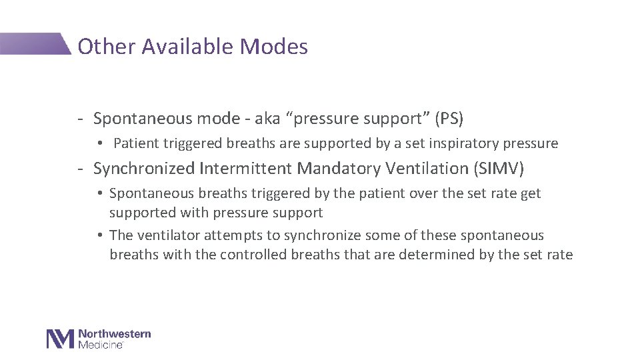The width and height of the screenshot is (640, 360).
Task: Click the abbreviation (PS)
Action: pos(449,119)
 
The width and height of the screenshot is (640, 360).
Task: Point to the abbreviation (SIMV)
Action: pos(499,169)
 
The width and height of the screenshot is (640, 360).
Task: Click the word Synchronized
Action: pos(144,169)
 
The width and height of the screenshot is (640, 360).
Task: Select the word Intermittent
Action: pos(245,169)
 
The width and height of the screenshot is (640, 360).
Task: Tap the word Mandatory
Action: pos(338,169)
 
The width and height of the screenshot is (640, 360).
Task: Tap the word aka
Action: pos(267,119)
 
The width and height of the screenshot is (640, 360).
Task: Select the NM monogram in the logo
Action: pos(59,339)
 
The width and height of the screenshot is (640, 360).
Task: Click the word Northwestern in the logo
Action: pos(115,334)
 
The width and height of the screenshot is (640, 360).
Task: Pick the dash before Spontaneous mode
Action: pos(79,119)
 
